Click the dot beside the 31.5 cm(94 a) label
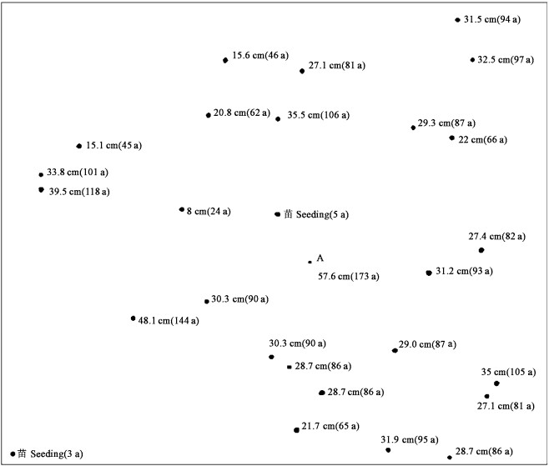click(x=457, y=20)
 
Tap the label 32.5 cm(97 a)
click(x=506, y=60)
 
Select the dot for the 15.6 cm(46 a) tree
click(x=225, y=60)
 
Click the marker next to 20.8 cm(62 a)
click(x=209, y=115)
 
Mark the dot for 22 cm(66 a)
click(x=451, y=138)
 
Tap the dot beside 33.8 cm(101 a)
click(x=41, y=174)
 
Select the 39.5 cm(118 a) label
click(x=79, y=192)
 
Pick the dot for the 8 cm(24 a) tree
click(x=181, y=209)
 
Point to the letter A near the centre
click(x=320, y=258)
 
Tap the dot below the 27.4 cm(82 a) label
click(x=481, y=250)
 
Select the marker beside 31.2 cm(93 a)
click(x=429, y=272)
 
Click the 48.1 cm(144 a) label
click(x=169, y=319)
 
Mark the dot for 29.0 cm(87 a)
click(x=395, y=350)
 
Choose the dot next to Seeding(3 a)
click(x=13, y=453)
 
